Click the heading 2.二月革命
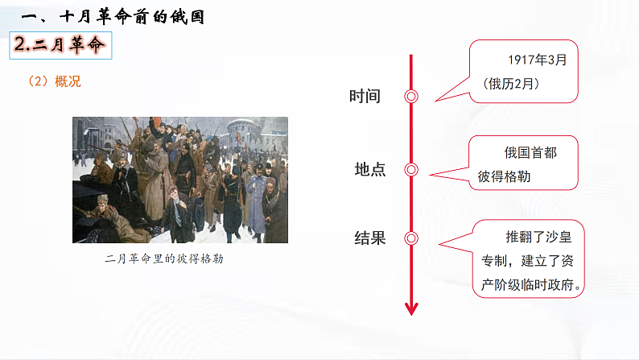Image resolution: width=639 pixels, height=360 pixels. (x=61, y=45)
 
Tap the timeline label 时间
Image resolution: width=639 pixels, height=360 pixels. (x=365, y=97)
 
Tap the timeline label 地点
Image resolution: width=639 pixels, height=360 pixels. (x=370, y=170)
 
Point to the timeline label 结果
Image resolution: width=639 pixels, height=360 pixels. (x=370, y=238)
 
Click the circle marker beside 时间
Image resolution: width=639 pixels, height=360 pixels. (x=411, y=97)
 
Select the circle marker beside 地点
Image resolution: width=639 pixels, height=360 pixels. (x=411, y=170)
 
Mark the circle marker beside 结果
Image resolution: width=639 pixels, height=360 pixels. (x=411, y=238)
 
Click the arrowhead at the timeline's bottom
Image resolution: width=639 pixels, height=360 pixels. (x=411, y=308)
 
